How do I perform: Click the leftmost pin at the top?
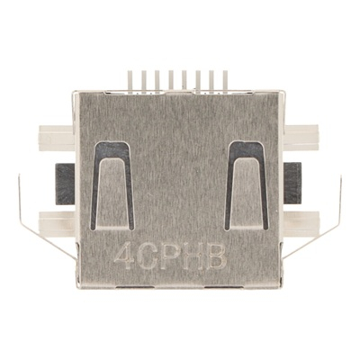coord(130,80)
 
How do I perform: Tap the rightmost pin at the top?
coord(225,80)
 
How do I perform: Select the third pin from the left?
coord(157,80)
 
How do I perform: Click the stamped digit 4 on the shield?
coord(124,256)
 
